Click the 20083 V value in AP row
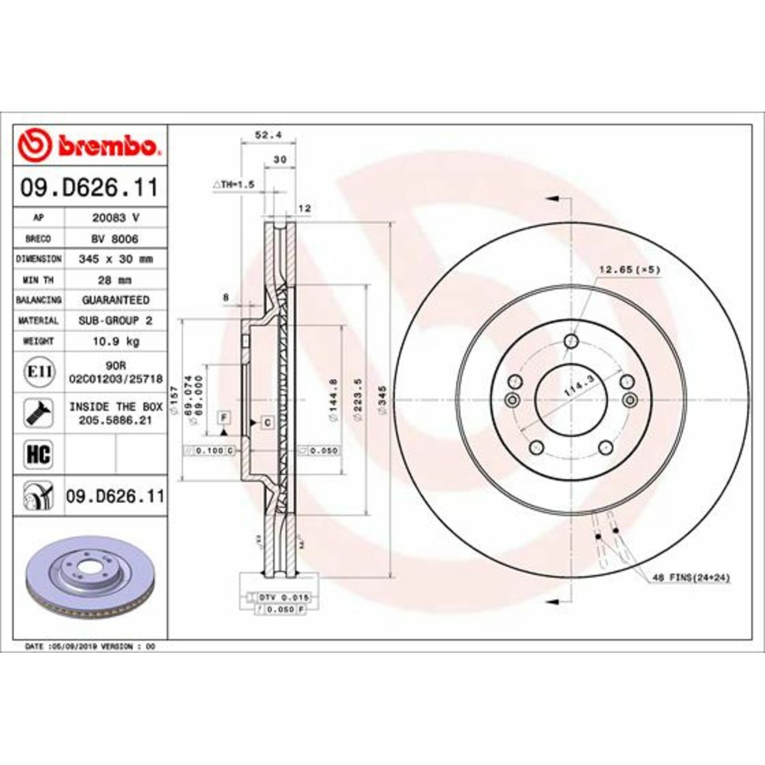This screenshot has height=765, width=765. pos(115,217)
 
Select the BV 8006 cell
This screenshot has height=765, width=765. pos(115,238)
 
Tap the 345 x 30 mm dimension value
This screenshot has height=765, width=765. pos(115,259)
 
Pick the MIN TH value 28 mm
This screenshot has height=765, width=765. pos(115,280)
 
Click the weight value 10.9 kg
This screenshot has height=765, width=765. pos(115,341)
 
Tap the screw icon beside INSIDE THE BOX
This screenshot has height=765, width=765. pos(39,413)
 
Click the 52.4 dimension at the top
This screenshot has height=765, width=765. pos(268,135)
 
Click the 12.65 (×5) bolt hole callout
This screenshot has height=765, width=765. pos(629,270)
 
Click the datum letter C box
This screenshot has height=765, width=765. pos(266,422)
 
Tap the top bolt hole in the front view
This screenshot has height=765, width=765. pos(571,342)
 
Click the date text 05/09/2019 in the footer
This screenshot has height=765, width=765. pos(76,646)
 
